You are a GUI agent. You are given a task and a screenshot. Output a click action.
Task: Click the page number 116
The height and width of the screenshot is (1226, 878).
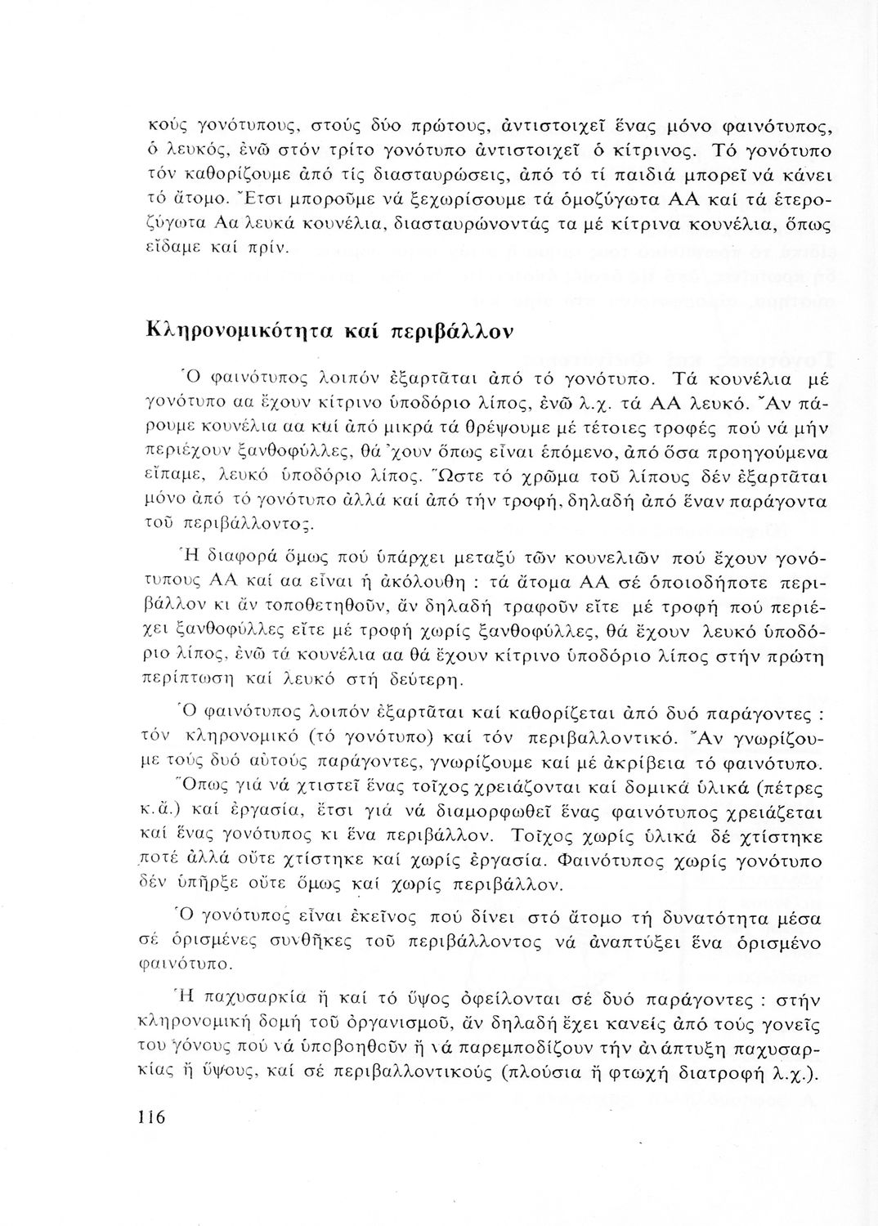(152, 1116)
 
